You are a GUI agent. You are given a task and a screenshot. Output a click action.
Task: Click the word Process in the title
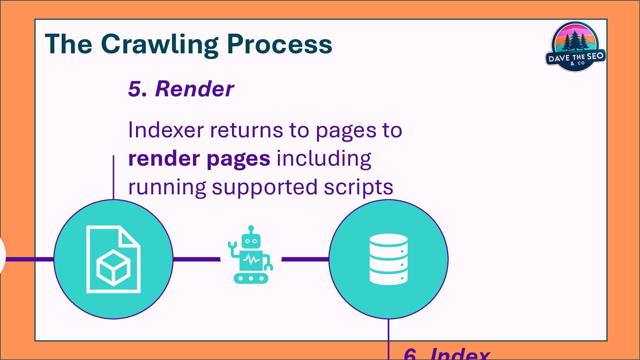pos(279,44)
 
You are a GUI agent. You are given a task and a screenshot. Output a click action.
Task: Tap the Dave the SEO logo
pos(575,47)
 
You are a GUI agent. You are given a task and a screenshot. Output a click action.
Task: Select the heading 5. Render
pos(181,89)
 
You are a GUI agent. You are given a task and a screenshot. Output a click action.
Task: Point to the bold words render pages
pos(199,159)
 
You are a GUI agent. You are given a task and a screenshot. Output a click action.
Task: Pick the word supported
pos(265,188)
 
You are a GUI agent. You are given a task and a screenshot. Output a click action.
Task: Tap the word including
pos(324,159)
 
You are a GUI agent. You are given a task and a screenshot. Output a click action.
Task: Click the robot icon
pos(251,257)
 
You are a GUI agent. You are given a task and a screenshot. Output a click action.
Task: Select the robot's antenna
pos(251,229)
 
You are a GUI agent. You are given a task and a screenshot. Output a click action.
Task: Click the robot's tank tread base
pos(251,278)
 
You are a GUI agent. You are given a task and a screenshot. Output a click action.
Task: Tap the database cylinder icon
pos(388,259)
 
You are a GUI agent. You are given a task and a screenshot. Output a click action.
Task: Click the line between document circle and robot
pos(197,259)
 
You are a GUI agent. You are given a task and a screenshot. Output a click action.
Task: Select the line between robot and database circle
pos(305,259)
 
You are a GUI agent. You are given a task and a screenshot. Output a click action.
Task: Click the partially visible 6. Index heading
pos(446,354)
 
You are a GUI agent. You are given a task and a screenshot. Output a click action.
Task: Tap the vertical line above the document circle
pos(113,177)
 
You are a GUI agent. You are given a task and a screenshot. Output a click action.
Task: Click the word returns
pos(246,130)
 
